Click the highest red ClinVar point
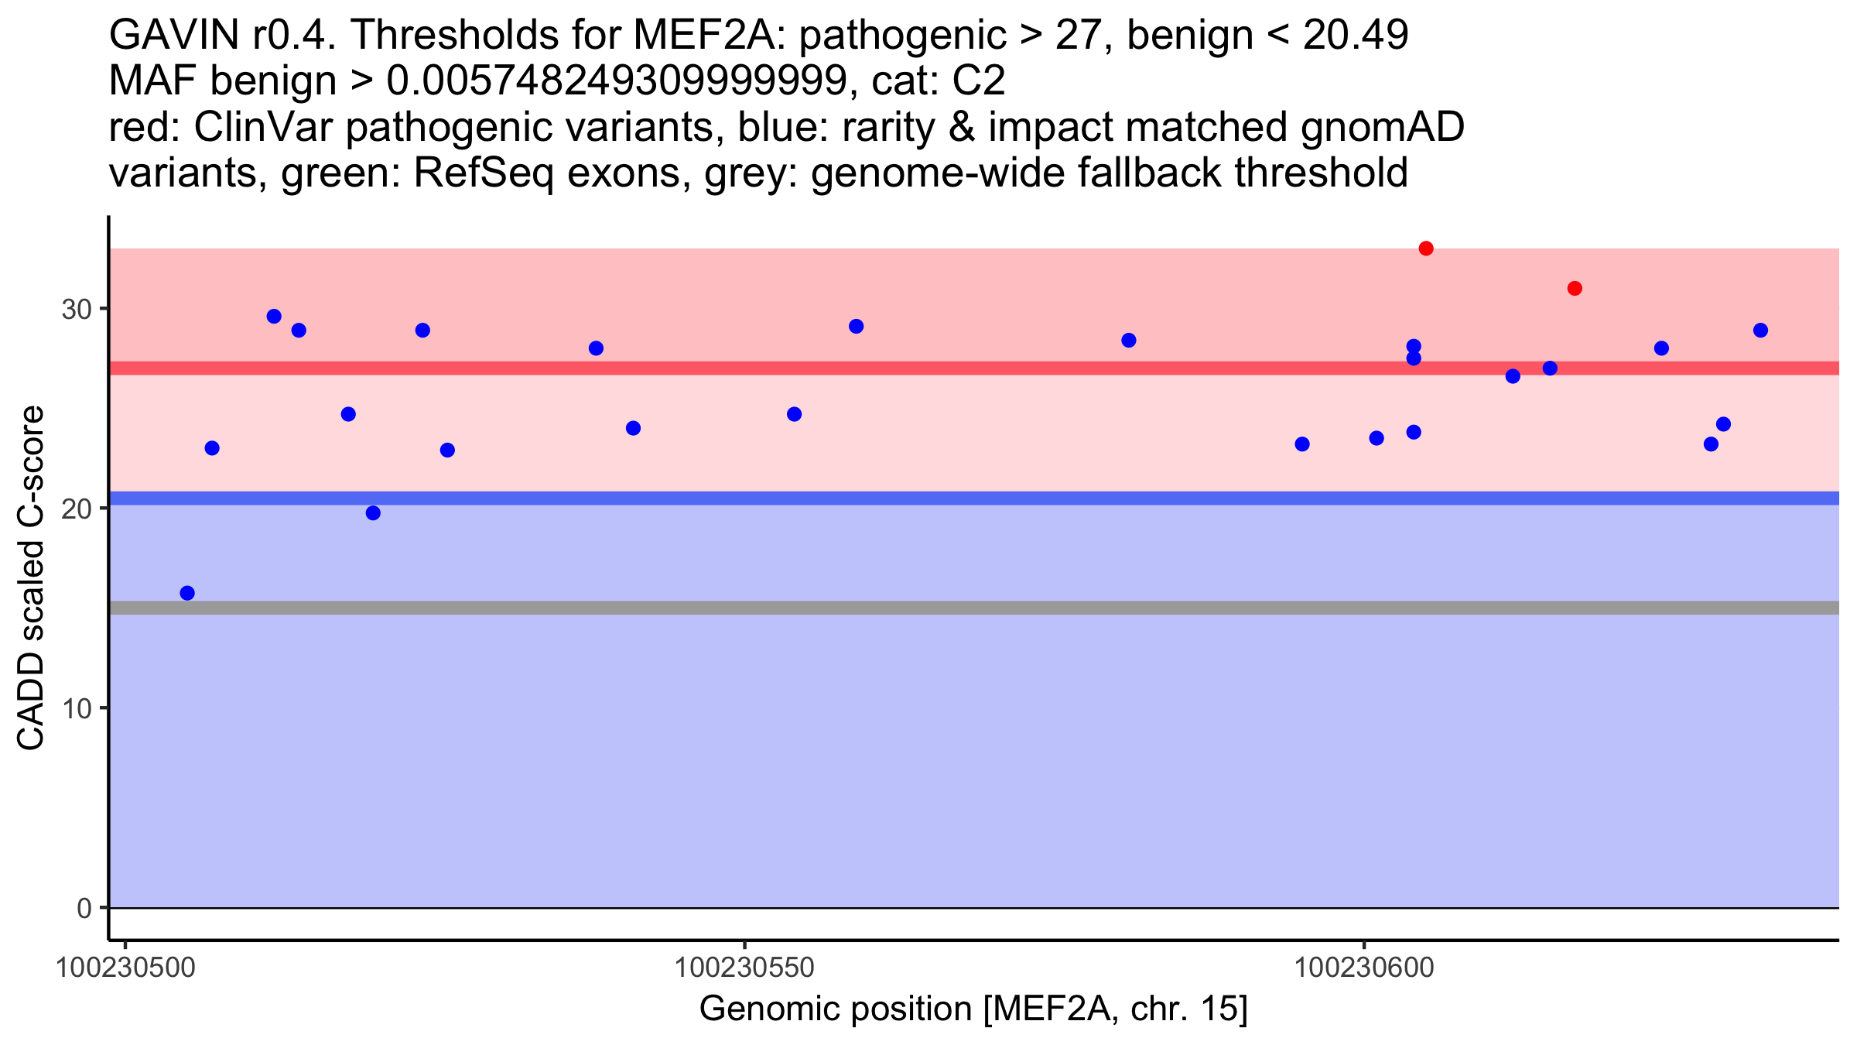click(1426, 248)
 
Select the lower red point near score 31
click(1575, 289)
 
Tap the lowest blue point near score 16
click(187, 593)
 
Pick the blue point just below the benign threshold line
click(373, 513)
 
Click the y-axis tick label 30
click(76, 310)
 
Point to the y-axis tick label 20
click(76, 509)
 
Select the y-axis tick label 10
click(76, 708)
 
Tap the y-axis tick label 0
click(84, 908)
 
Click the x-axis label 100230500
click(126, 968)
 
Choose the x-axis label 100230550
click(744, 968)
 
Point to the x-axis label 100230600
click(1364, 968)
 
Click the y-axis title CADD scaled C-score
click(31, 579)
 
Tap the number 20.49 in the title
click(1356, 35)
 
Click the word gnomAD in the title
click(1383, 127)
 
